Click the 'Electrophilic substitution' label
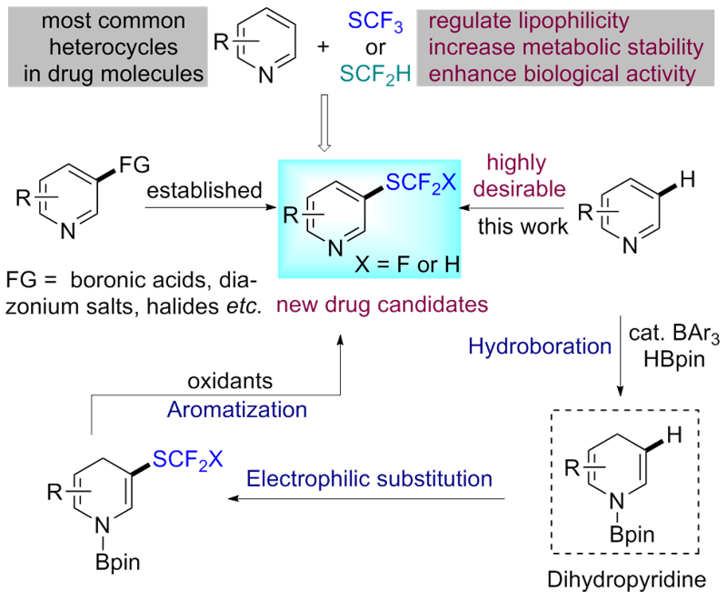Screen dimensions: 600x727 tap(369, 477)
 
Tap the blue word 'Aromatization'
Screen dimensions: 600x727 tap(236, 409)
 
